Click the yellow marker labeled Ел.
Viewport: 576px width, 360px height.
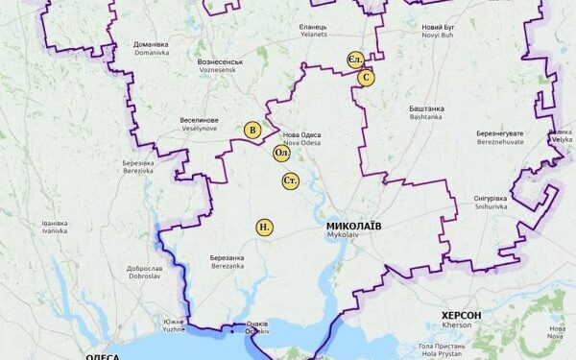coord(355,60)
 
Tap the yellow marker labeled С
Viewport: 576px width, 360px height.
coord(366,77)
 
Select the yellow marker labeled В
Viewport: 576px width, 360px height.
coord(252,131)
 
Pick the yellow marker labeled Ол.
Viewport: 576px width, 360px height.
coord(282,153)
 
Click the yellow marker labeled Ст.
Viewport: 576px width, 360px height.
coord(291,180)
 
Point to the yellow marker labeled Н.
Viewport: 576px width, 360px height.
coord(264,228)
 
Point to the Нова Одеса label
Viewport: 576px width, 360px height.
coord(302,133)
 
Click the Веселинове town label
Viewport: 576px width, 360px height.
coord(199,121)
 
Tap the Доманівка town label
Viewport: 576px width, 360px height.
coord(151,44)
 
